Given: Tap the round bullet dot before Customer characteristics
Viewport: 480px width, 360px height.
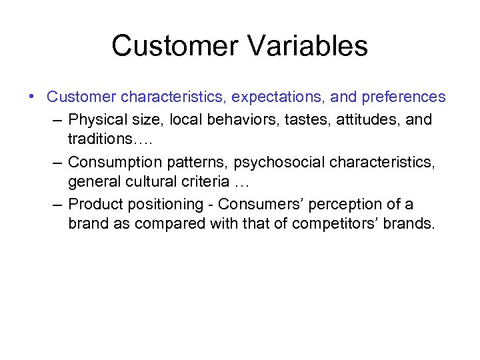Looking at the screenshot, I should (33, 97).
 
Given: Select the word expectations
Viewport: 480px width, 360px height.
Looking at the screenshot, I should (278, 97).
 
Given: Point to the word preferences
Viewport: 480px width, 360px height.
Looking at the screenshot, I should (403, 97).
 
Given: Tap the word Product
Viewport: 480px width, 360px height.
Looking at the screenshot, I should (93, 204).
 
